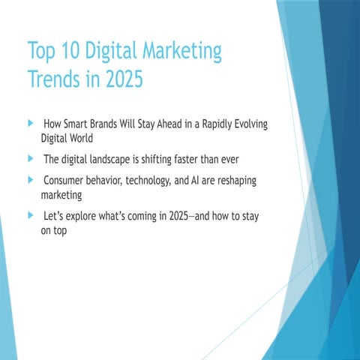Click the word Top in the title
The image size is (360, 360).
[x=41, y=51]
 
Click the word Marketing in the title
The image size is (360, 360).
[x=182, y=51]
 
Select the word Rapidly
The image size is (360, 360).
[x=217, y=124]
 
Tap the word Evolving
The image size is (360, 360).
[x=250, y=124]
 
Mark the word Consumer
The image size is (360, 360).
[x=63, y=181]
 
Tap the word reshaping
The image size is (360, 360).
[x=237, y=181]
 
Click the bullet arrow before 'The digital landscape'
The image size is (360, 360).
[x=31, y=158]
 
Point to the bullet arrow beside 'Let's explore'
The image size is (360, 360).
[x=31, y=215]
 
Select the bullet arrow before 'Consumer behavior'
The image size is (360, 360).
[x=31, y=180]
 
